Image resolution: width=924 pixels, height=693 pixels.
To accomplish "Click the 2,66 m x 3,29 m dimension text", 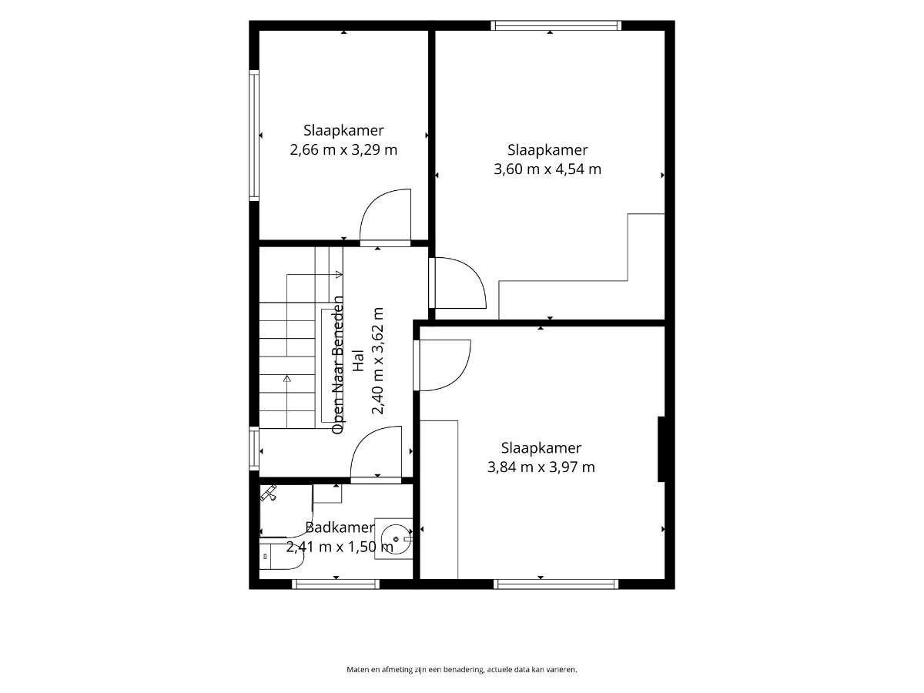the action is (343, 150).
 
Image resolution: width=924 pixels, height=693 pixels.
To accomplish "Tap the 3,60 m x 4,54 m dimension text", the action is (547, 169).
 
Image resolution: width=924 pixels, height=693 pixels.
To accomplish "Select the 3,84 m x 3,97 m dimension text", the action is (541, 467).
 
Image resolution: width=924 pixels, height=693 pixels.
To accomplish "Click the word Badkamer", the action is (340, 527).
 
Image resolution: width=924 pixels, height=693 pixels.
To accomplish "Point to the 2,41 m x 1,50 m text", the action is (340, 547).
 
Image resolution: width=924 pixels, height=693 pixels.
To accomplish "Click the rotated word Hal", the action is (358, 360).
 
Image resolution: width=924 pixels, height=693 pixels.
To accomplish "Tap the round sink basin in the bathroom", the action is (396, 539).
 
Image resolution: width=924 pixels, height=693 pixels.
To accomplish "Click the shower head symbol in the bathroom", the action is (268, 493).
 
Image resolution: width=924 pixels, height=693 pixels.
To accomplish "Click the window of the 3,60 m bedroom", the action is (556, 25).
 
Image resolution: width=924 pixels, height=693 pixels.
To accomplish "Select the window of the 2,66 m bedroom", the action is (254, 135).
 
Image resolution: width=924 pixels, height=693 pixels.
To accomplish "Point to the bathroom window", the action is (336, 584).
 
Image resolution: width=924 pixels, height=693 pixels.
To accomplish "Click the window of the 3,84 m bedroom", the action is (556, 584).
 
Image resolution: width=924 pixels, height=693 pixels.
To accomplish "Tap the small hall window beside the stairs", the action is (254, 448).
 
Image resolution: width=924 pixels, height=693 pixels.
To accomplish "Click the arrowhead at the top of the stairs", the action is (339, 275).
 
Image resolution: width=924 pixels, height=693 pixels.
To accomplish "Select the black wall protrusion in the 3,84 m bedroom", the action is (661, 449).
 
